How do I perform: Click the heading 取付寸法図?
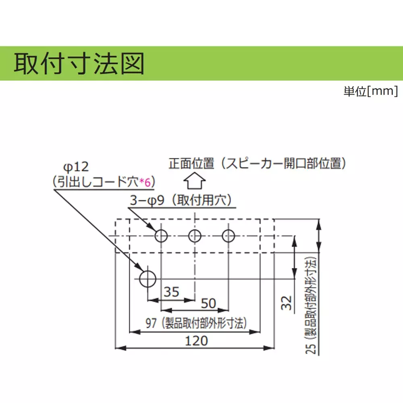tap(79, 64)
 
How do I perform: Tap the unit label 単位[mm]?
tap(371, 91)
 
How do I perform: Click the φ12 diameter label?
tap(76, 167)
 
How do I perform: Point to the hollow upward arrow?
tap(195, 181)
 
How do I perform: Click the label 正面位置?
tap(191, 164)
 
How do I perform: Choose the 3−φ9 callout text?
tap(147, 200)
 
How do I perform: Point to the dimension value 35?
tap(171, 292)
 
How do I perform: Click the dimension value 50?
tap(208, 303)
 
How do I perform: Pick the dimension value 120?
tap(196, 341)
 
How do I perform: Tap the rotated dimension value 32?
tap(287, 303)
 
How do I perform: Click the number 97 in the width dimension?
tap(151, 323)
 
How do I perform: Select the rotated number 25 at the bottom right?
tap(311, 348)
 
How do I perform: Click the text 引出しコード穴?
tap(98, 182)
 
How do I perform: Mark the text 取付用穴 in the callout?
tap(202, 200)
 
